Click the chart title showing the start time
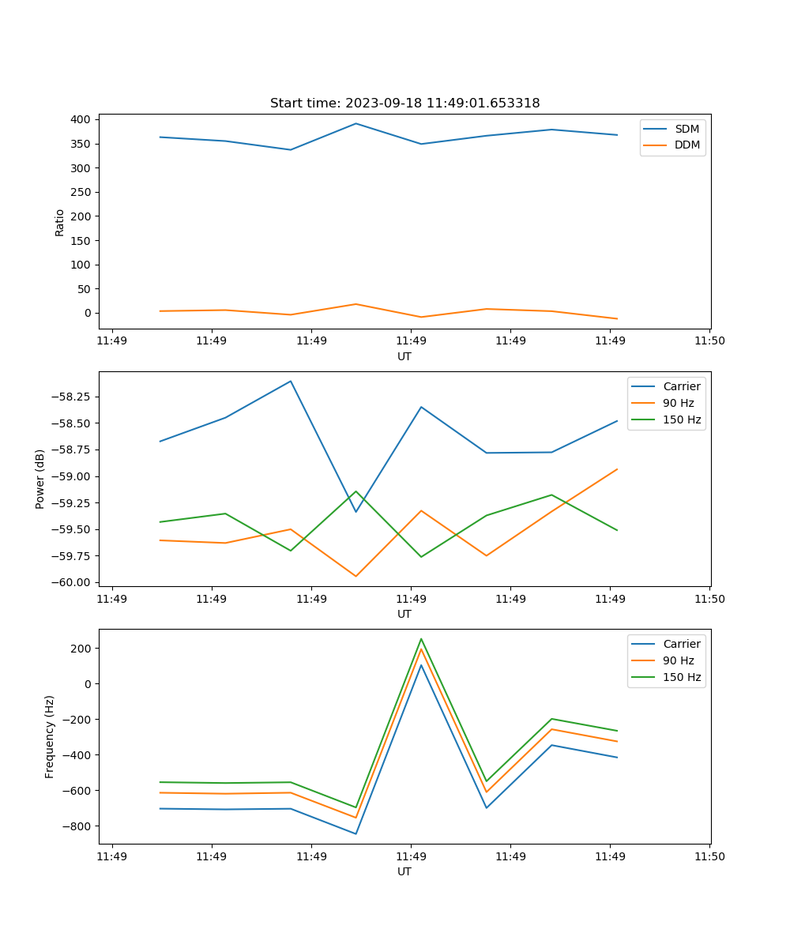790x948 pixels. pyautogui.click(x=404, y=103)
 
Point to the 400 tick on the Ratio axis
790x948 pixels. pyautogui.click(x=81, y=119)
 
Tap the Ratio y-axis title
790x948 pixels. pyautogui.click(x=60, y=222)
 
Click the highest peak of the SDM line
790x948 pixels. pyautogui.click(x=355, y=123)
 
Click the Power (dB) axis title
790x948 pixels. pyautogui.click(x=40, y=479)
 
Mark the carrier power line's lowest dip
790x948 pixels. pyautogui.click(x=355, y=512)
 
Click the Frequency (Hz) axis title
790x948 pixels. pyautogui.click(x=50, y=736)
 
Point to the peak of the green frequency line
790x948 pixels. pyautogui.click(x=421, y=638)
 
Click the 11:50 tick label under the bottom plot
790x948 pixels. pyautogui.click(x=709, y=856)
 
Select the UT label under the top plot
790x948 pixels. pyautogui.click(x=404, y=356)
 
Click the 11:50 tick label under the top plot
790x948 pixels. pyautogui.click(x=709, y=341)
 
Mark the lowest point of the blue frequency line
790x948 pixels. pyautogui.click(x=355, y=833)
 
